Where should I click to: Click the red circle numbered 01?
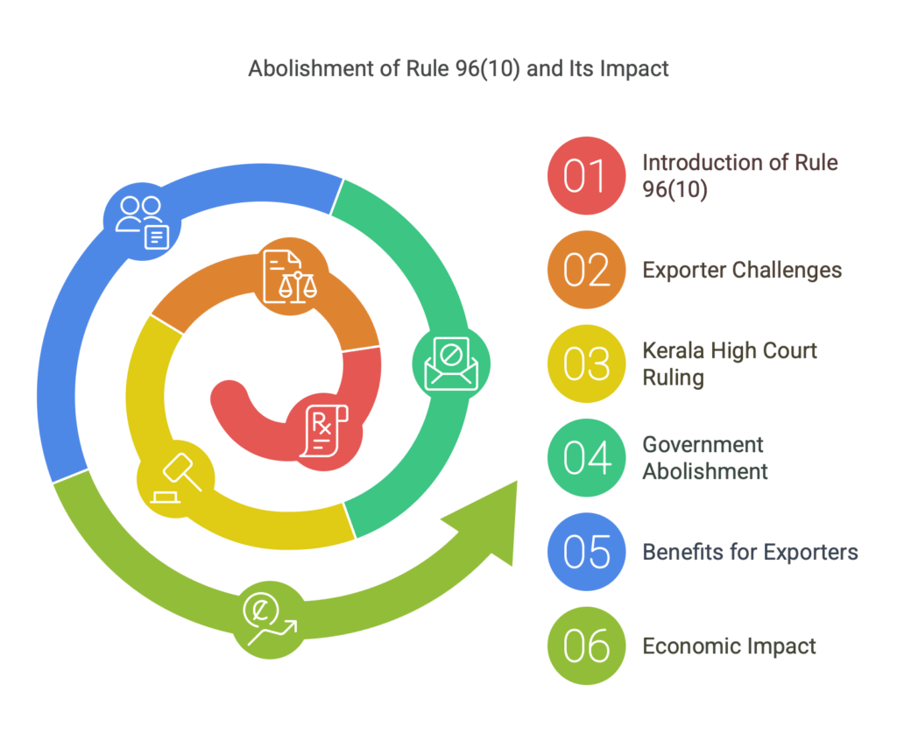pyautogui.click(x=586, y=176)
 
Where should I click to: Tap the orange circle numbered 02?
pyautogui.click(x=586, y=270)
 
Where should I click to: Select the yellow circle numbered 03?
pyautogui.click(x=586, y=363)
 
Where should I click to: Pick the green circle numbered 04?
pyautogui.click(x=586, y=458)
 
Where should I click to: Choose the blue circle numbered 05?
pyautogui.click(x=586, y=552)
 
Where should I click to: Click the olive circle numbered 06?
pyautogui.click(x=586, y=646)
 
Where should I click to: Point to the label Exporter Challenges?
pyautogui.click(x=742, y=270)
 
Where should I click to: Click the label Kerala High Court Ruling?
pyautogui.click(x=730, y=363)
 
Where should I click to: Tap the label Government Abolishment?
pyautogui.click(x=705, y=458)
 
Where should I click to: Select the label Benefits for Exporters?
pyautogui.click(x=750, y=552)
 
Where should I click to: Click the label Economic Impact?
pyautogui.click(x=729, y=646)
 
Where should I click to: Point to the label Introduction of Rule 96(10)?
pyautogui.click(x=739, y=176)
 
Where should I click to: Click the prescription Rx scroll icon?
pyautogui.click(x=324, y=431)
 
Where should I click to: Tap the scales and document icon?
pyautogui.click(x=290, y=277)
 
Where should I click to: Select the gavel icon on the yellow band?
pyautogui.click(x=176, y=478)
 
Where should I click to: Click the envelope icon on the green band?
pyautogui.click(x=451, y=363)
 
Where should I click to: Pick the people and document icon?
pyautogui.click(x=143, y=222)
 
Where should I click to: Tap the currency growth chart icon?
pyautogui.click(x=270, y=620)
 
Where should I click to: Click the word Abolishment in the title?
pyautogui.click(x=312, y=68)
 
